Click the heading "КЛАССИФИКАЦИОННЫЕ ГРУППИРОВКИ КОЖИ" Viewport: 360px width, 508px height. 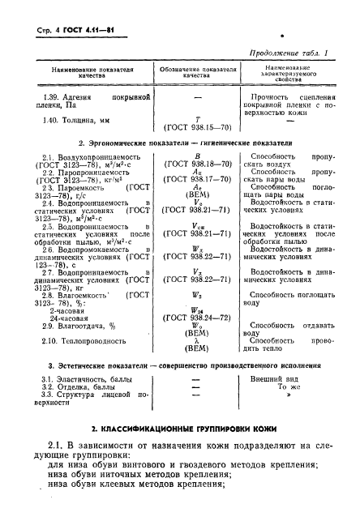coord(186,427)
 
